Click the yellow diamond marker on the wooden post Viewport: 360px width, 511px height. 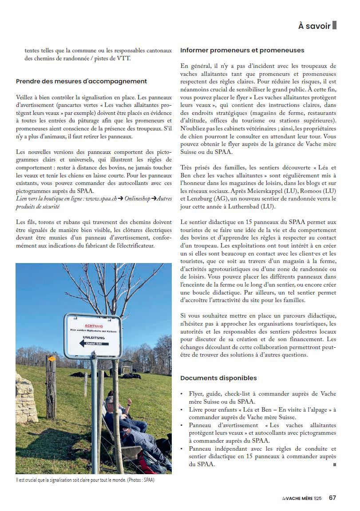tap(51, 359)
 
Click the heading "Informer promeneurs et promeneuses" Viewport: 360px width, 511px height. tap(242, 50)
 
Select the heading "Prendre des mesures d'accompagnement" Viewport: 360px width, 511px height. tap(81, 81)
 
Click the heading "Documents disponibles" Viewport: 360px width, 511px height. tap(218, 378)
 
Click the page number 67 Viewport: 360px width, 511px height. tap(332, 498)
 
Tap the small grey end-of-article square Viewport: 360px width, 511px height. tap(334, 465)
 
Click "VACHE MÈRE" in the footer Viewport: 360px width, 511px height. tap(300, 498)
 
